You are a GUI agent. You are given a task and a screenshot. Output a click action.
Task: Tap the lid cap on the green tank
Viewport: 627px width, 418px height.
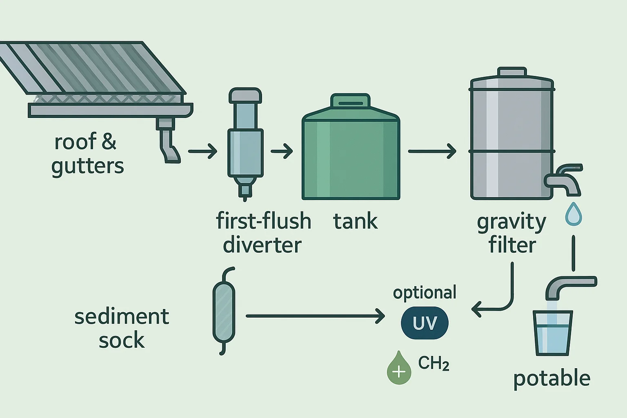pos(350,101)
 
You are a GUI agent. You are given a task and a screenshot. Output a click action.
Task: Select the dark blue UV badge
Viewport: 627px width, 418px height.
pos(425,323)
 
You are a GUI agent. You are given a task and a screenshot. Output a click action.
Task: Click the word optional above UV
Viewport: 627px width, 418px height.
pos(425,293)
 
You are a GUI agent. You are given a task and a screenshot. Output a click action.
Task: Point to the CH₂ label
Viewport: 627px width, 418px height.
pos(434,363)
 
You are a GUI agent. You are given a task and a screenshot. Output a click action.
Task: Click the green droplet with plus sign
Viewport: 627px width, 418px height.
pos(399,369)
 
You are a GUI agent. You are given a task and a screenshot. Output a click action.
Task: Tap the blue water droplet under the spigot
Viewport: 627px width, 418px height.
pos(574,215)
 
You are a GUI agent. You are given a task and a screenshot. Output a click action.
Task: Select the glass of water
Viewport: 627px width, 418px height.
pos(553,333)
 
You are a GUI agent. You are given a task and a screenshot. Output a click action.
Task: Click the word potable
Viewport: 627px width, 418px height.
pos(551,379)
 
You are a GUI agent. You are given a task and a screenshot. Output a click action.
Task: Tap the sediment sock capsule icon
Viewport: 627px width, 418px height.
pos(224,312)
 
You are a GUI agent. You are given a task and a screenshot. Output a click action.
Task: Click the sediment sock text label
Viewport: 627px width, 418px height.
pos(122,329)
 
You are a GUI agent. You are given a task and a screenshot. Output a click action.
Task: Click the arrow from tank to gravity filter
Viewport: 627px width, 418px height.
pos(432,151)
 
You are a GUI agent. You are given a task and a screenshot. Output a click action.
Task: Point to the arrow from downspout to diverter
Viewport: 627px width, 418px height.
pos(202,151)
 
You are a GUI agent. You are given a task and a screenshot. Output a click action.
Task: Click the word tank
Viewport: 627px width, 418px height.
pos(355,222)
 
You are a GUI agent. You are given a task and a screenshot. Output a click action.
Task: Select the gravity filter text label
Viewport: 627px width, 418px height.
pos(512,233)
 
